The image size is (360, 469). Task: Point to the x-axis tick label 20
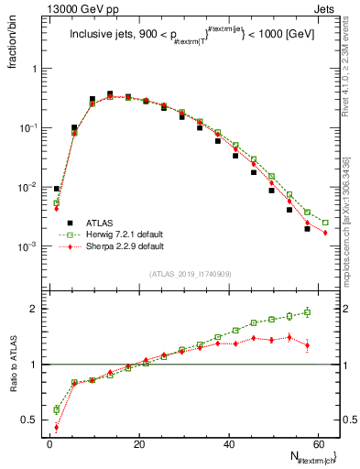click(138, 444)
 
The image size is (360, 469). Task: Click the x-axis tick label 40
click(227, 444)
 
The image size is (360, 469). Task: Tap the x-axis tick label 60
click(316, 444)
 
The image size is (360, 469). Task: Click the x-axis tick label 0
click(49, 444)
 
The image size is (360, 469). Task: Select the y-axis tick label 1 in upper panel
click(36, 69)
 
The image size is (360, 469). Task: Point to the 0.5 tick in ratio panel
click(32, 420)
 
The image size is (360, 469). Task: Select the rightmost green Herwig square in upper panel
click(325, 223)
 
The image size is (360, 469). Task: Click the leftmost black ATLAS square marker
click(57, 189)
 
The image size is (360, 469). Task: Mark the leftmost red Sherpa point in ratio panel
click(57, 427)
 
